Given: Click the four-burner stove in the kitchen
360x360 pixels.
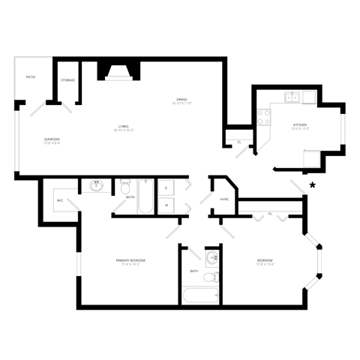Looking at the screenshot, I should point(264,116).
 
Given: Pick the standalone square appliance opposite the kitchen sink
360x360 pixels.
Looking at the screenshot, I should point(311,159).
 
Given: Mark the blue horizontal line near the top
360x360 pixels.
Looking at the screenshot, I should point(119,78).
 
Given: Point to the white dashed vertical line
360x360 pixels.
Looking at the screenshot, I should point(239,199).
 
